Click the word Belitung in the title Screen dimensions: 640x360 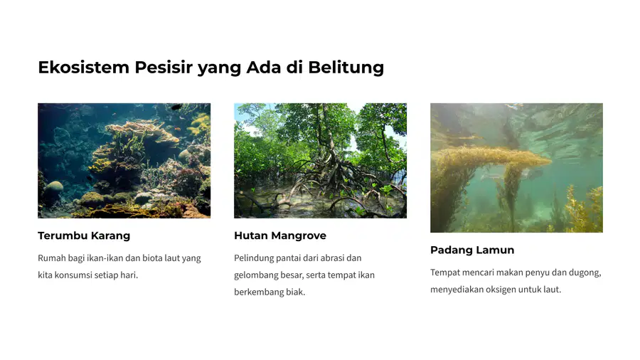pyautogui.click(x=346, y=68)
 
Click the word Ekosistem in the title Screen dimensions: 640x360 pyautogui.click(x=84, y=68)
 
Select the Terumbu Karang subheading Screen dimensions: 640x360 pyautogui.click(x=84, y=235)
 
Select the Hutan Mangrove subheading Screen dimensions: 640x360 pyautogui.click(x=280, y=235)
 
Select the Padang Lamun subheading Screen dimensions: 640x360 pyautogui.click(x=472, y=250)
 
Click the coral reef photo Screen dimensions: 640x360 pyautogui.click(x=124, y=160)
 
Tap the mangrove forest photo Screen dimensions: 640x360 pyautogui.click(x=321, y=160)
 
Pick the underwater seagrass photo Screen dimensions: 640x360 pyautogui.click(x=516, y=168)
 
